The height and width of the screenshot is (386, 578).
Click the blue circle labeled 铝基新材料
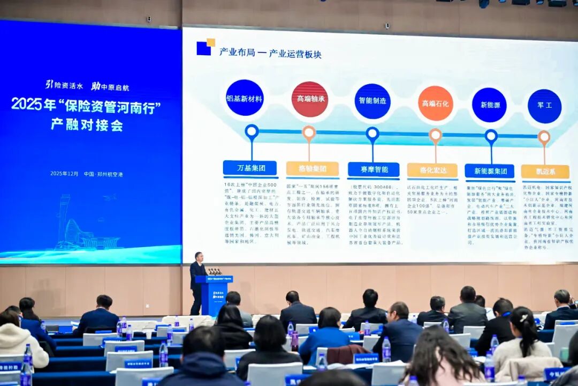[x=245, y=98]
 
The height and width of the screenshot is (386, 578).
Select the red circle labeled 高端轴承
[x=310, y=99]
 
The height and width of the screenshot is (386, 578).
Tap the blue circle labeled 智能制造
[x=372, y=101]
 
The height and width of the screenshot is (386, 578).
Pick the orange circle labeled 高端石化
[x=436, y=103]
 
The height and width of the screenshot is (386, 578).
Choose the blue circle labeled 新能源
[x=489, y=105]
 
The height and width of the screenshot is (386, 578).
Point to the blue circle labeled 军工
[x=544, y=106]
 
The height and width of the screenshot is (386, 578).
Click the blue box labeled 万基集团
[x=250, y=168]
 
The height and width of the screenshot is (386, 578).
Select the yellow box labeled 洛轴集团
[x=313, y=169]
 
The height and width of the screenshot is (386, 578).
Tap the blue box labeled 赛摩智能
[x=374, y=169]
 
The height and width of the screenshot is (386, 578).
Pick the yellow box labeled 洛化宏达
[x=432, y=170]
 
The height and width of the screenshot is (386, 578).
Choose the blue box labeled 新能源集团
[x=489, y=171]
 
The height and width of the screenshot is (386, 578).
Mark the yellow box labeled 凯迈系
[x=545, y=172]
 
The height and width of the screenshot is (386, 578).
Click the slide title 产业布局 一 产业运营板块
[x=270, y=53]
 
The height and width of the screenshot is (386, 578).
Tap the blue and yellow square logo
[x=206, y=47]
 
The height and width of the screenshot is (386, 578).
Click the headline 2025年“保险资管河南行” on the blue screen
[x=86, y=105]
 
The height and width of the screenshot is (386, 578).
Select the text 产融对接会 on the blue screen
[x=87, y=124]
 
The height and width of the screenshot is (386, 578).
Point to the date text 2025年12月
[x=64, y=174]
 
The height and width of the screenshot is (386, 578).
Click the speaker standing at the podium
[x=197, y=281]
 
